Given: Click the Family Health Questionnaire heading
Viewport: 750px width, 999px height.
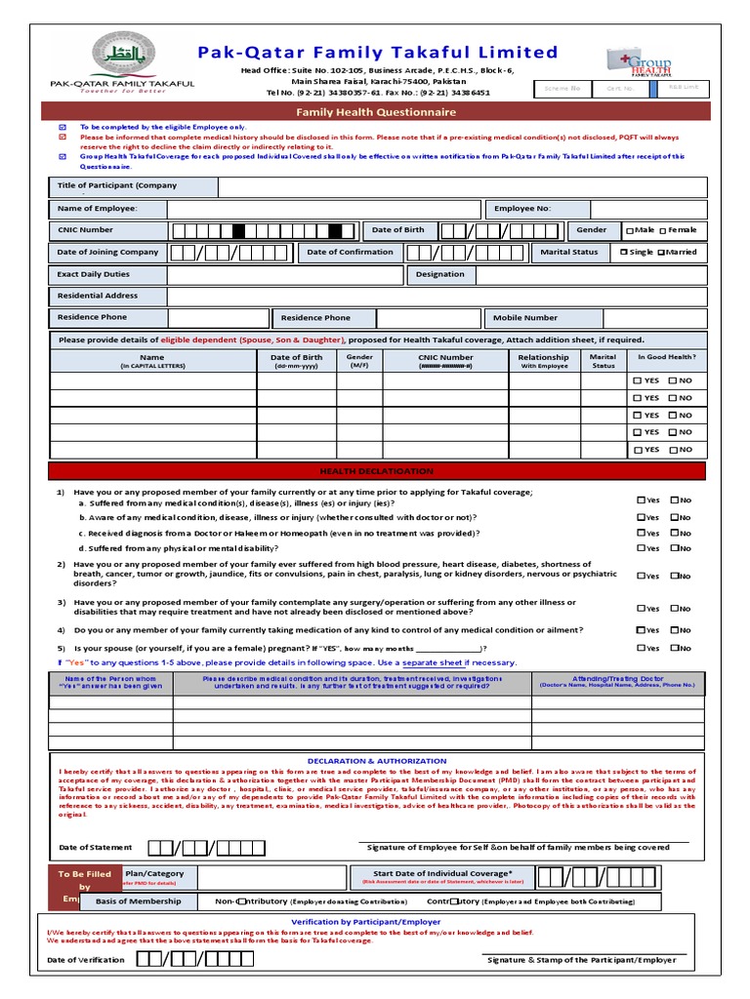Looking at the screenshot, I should point(376,112).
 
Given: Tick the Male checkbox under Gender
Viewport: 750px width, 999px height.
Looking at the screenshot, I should point(630,230).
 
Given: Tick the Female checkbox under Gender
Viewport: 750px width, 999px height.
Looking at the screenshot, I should point(663,230).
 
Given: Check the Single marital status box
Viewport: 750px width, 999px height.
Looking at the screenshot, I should point(625,252).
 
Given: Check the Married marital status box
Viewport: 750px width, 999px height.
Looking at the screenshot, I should point(661,252).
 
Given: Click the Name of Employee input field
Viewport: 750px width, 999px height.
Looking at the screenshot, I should point(324,209).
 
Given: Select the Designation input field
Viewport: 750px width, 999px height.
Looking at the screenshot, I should point(590,274).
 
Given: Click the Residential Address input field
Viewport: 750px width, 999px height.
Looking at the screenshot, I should point(437,296).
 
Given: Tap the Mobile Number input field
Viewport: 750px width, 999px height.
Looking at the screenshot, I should point(654,317).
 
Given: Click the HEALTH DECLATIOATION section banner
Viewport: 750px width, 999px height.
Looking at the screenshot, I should point(376,471).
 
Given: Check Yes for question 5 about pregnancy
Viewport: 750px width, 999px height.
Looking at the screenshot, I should point(641,648).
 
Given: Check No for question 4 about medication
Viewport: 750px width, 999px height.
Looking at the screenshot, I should point(675,630).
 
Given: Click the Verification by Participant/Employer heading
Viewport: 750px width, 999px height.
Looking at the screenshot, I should point(366,921).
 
